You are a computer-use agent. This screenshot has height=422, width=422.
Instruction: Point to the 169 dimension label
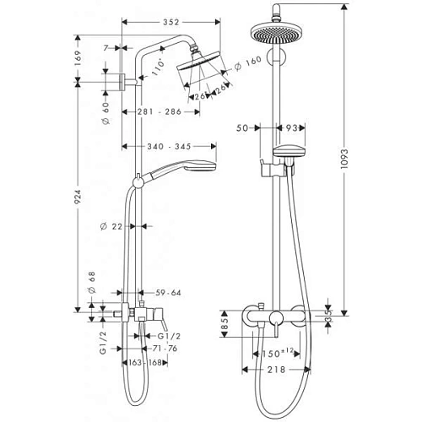click(x=78, y=59)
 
